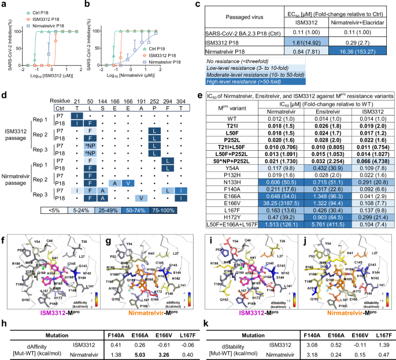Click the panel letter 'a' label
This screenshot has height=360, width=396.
[x=4, y=5]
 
